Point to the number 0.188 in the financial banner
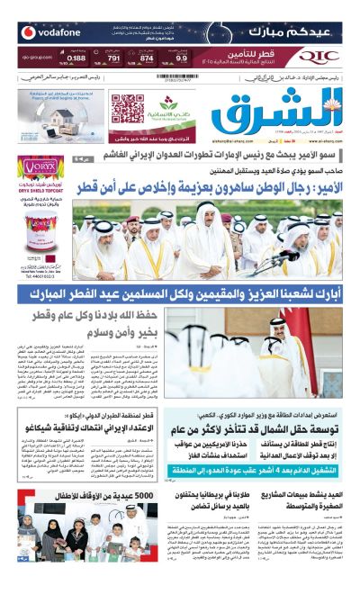[76, 58]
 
